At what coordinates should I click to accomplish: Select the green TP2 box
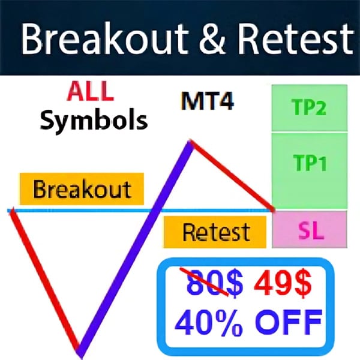point(309,107)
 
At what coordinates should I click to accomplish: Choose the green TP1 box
point(309,162)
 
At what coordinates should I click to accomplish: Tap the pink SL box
point(310,230)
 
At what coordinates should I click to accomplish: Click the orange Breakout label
point(82,189)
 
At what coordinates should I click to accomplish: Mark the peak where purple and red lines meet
point(191,143)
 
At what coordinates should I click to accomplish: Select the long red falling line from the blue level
point(45,279)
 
